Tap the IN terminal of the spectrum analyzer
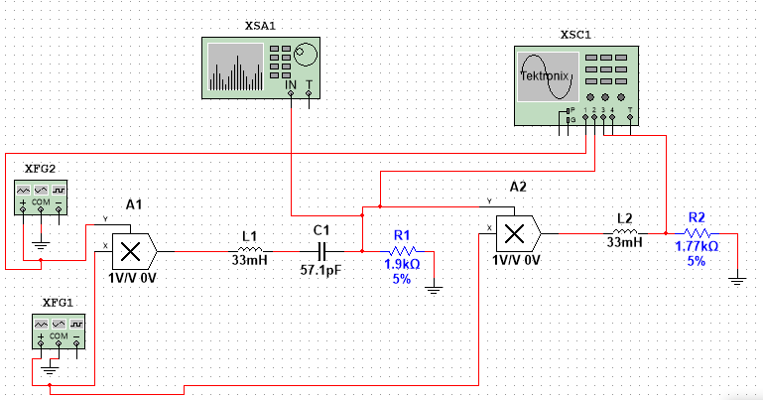[x=291, y=86]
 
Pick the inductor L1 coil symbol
[x=249, y=251]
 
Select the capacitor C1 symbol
[x=320, y=251]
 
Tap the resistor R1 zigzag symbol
[x=403, y=251]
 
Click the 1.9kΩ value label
[x=403, y=265]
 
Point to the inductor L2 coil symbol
[x=624, y=233]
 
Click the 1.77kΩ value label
[x=696, y=247]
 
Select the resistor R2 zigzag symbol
[x=696, y=233]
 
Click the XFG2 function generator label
[x=40, y=168]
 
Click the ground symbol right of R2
[x=735, y=279]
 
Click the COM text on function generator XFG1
[x=57, y=336]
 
